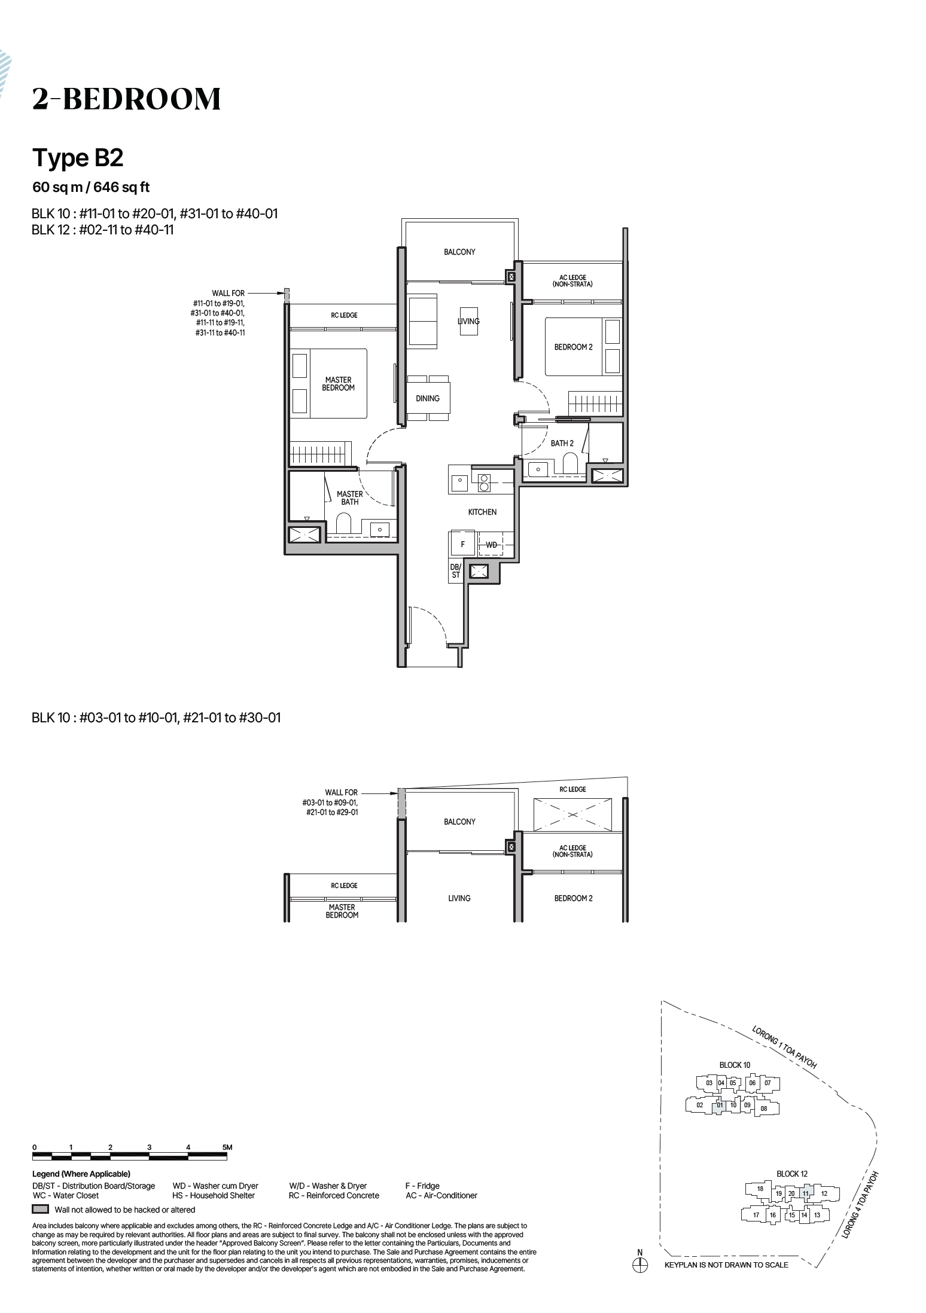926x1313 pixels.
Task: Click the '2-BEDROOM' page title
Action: (126, 99)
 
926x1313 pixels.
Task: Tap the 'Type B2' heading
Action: (78, 158)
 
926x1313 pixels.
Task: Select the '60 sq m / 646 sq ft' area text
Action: (91, 187)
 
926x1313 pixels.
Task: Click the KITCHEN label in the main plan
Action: (482, 512)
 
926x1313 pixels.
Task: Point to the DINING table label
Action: (428, 398)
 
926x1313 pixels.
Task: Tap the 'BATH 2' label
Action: (562, 443)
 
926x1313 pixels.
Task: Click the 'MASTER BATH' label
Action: (350, 498)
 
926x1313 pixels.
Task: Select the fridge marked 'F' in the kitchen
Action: (462, 544)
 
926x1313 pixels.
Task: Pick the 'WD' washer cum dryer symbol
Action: (491, 545)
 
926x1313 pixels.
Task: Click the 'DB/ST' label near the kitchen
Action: (456, 571)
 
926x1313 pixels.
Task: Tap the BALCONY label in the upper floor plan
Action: (459, 252)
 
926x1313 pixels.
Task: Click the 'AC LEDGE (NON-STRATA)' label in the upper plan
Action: (572, 281)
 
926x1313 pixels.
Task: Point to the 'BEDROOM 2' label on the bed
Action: (573, 347)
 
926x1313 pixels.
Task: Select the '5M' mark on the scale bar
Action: (227, 1147)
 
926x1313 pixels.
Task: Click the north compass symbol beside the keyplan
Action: (640, 1265)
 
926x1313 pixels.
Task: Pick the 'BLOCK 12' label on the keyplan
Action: (792, 1174)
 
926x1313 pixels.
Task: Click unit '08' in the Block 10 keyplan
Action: (764, 1109)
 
